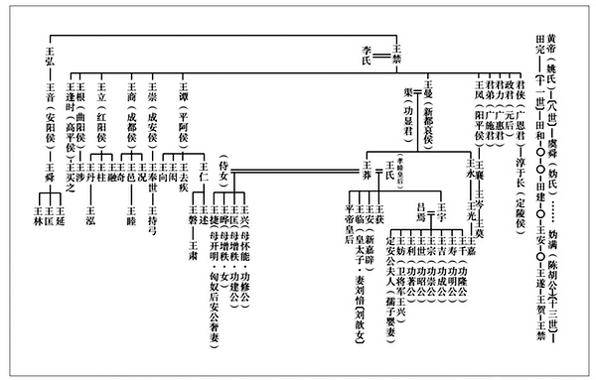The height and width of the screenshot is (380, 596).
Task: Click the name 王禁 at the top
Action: tap(397, 47)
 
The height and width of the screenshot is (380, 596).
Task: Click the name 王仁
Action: tap(204, 178)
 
